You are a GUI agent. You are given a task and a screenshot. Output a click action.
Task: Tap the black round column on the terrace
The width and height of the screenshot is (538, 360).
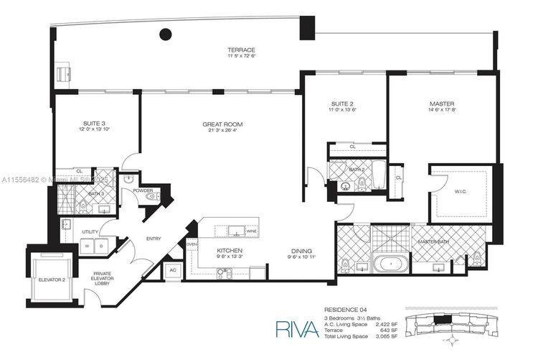pos(166,33)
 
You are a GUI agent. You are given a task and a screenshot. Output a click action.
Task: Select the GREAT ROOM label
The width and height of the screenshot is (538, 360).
pos(220,124)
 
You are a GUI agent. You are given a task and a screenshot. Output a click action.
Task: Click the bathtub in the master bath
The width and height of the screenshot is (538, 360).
pos(391,264)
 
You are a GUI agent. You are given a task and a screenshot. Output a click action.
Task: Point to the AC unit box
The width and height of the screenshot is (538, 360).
pos(173,269)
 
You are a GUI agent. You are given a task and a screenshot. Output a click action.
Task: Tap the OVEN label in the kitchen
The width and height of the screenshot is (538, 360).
pos(192,244)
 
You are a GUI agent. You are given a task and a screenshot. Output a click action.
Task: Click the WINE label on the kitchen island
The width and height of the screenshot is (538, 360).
pos(250,232)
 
